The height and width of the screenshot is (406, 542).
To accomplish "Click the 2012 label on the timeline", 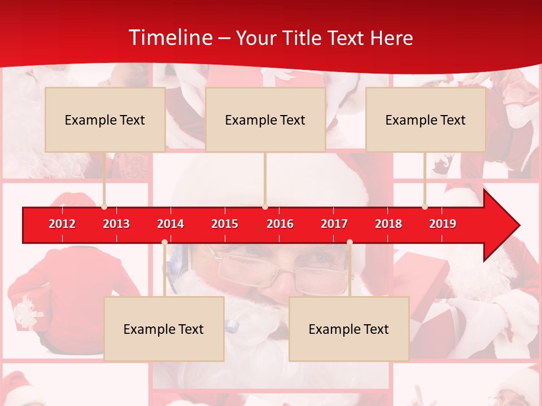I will coord(62,224).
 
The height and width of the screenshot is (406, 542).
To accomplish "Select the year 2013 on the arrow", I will coord(116,224).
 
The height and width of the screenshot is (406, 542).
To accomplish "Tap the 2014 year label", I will coord(171,224).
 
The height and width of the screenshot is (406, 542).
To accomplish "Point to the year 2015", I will coord(225,224).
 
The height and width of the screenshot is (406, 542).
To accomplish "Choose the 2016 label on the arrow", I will coord(280,224).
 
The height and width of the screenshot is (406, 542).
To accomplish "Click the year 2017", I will coord(334,224).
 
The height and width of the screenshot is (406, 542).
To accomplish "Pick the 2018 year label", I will coord(388,224).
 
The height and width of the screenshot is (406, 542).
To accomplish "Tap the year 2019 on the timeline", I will coord(443,224).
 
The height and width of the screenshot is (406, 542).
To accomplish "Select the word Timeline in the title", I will coord(169,38).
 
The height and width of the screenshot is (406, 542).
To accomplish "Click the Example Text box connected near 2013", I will coord(105,120).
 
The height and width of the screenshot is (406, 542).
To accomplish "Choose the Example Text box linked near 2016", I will coord(265,120).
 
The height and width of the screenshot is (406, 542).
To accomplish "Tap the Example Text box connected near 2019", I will coord(426,120).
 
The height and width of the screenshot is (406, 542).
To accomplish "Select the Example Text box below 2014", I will coord(164,329).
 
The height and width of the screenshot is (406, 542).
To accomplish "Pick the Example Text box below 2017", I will coord(349,329).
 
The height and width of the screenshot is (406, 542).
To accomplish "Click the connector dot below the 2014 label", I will coord(164,242).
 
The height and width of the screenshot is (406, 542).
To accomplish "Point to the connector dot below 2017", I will coord(349,242).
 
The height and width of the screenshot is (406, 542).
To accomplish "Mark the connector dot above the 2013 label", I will coord(104,207).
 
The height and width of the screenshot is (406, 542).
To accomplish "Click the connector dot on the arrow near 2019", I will coord(425,207).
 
